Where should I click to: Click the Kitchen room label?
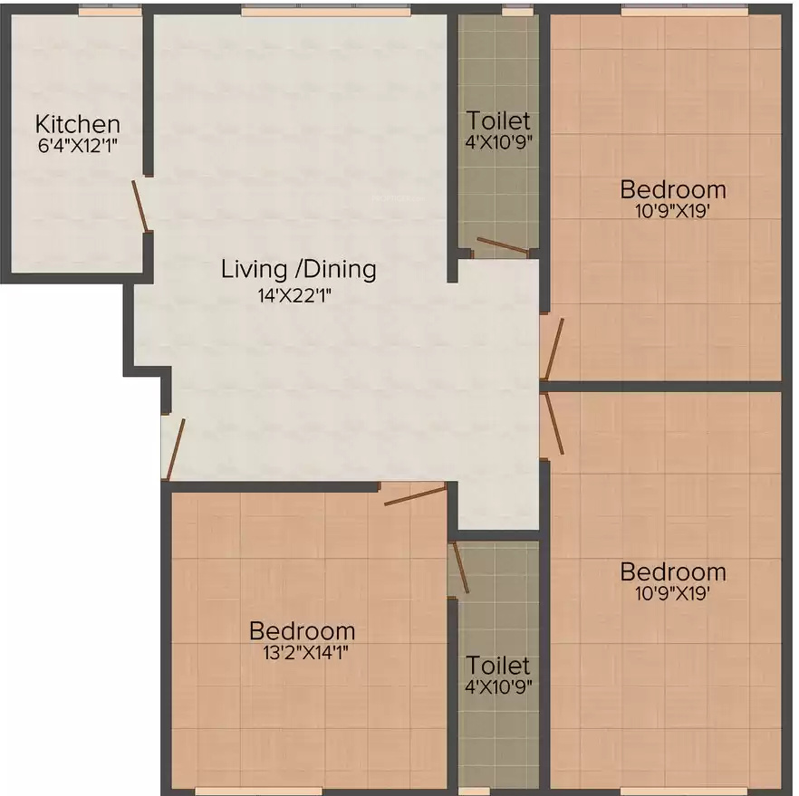[x=78, y=124]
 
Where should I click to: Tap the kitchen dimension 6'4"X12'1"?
[x=78, y=146]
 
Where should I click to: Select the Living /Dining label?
[x=299, y=269]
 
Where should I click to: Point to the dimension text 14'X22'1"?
[x=295, y=295]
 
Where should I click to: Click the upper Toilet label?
[x=498, y=120]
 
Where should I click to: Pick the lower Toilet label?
[x=498, y=665]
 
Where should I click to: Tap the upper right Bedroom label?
[x=672, y=189]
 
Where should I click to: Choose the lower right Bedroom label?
[x=672, y=572]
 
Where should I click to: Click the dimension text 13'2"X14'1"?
[x=306, y=652]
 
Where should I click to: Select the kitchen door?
[x=140, y=206]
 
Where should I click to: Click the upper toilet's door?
[x=503, y=245]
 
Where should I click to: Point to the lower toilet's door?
[x=460, y=567]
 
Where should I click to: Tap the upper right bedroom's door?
[x=554, y=350]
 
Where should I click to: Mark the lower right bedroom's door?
[x=554, y=424]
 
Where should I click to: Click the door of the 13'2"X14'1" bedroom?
[x=415, y=495]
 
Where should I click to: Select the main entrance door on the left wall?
[x=176, y=449]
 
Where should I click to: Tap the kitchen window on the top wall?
[x=110, y=10]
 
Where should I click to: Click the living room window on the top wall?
[x=325, y=10]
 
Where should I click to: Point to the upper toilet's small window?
[x=517, y=10]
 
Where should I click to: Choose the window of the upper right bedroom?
[x=686, y=10]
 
